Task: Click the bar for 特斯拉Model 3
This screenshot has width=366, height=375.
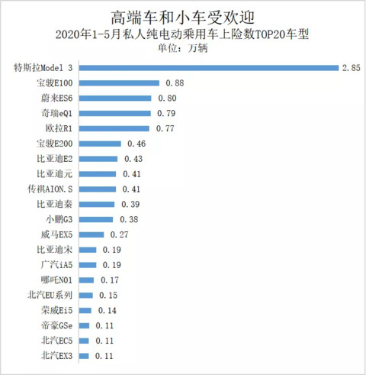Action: [209, 68]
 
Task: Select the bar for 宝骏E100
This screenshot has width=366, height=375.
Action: [119, 83]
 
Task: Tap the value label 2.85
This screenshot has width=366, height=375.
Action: [351, 68]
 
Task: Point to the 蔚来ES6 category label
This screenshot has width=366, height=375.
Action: [57, 98]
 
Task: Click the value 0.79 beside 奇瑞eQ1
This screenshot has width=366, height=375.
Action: [166, 113]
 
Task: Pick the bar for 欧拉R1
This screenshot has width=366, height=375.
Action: [114, 128]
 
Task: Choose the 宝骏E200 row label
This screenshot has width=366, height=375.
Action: [55, 144]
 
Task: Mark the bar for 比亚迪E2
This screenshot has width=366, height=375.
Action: [98, 159]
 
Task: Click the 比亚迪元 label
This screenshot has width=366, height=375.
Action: [55, 174]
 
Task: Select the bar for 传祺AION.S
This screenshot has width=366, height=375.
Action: [98, 189]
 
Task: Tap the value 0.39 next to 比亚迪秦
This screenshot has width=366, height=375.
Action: [130, 204]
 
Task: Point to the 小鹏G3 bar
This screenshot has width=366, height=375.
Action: [96, 219]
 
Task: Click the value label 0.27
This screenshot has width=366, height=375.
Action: [119, 234]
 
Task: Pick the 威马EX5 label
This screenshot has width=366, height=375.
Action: [57, 234]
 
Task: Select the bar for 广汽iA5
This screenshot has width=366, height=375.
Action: [88, 265]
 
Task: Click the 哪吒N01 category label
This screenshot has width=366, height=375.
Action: [56, 280]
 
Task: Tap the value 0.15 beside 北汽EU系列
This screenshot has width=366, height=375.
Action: [108, 296]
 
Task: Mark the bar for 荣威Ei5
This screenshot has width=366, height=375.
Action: [85, 310]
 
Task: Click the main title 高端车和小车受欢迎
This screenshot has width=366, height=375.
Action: [182, 18]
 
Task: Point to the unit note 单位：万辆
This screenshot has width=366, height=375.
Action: [182, 48]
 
